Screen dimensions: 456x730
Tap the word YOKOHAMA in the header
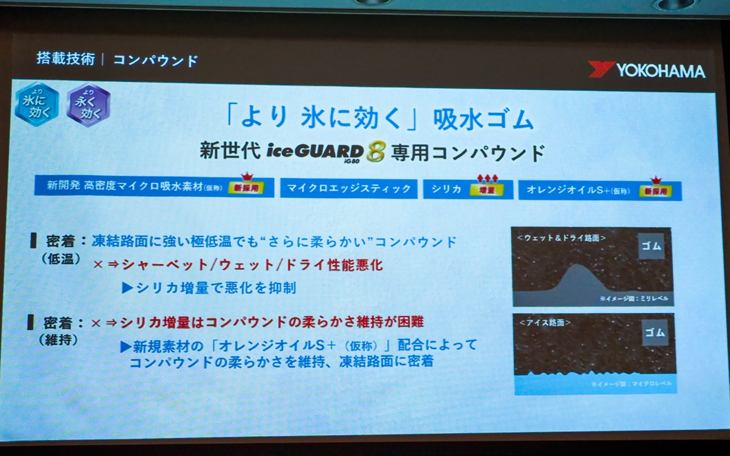tap(661, 71)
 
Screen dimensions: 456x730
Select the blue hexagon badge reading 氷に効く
tap(36, 104)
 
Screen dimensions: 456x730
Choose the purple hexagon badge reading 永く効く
tap(88, 105)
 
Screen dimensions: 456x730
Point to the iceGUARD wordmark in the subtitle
tap(315, 152)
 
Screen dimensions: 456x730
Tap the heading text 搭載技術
tap(66, 59)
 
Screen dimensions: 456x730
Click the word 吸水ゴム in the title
tap(483, 119)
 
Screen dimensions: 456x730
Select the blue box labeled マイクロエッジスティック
tap(349, 188)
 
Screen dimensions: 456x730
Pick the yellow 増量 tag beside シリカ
tap(487, 190)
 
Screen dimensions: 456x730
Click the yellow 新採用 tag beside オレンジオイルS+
tap(655, 191)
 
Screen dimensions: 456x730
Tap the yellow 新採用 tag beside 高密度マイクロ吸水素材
tap(246, 188)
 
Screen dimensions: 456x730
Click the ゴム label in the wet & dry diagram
tap(651, 246)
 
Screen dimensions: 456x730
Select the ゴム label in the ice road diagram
tap(655, 333)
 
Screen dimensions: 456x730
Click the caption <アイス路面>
tap(545, 323)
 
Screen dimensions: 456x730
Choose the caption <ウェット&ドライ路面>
tap(561, 238)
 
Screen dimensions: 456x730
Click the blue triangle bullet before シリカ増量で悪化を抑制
tap(127, 288)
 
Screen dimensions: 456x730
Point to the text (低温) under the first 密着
tap(61, 259)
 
